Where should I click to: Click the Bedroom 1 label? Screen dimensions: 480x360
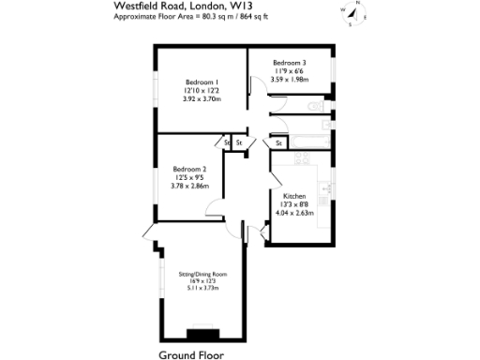point(202,82)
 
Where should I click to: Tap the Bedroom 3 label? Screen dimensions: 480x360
point(290,62)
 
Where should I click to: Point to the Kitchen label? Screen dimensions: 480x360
point(294,196)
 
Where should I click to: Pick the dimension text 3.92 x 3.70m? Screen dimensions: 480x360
point(202,98)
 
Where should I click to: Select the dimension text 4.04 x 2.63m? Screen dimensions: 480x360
point(294,213)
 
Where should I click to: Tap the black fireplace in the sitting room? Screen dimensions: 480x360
point(201,332)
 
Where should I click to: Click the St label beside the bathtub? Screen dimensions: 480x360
point(279,142)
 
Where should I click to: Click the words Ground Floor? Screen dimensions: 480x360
point(192,354)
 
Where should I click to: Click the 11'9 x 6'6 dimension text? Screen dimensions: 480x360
point(290,71)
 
